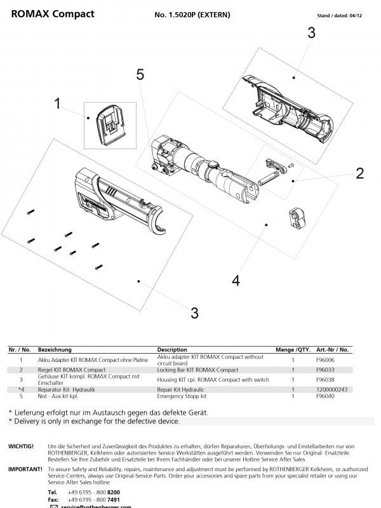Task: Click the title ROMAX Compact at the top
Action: [x=53, y=14]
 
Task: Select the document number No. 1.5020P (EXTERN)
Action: [x=192, y=15]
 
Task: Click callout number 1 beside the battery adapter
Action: [x=58, y=103]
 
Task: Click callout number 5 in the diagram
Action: [x=140, y=75]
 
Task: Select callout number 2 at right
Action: [x=359, y=173]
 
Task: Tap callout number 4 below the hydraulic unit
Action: [x=236, y=280]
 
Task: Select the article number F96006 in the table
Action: [x=324, y=360]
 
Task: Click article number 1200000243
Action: [x=331, y=389]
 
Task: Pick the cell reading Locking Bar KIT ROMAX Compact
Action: [x=197, y=370]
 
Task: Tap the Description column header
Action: [x=172, y=350]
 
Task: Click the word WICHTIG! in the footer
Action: [x=20, y=446]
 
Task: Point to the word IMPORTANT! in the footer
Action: [x=24, y=469]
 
